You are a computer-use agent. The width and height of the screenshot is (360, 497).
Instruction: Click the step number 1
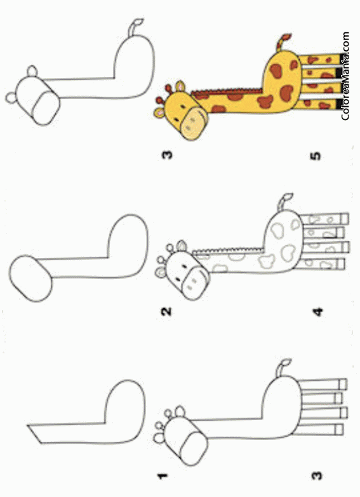tap(163, 476)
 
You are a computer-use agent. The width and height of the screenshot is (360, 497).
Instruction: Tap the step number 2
tap(166, 312)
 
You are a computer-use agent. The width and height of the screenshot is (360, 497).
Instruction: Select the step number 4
tap(318, 312)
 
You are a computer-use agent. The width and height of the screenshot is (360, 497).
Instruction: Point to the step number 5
tap(316, 156)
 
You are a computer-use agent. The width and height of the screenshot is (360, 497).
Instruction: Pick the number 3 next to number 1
tap(317, 476)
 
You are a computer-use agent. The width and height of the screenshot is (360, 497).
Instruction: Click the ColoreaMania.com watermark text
tap(345, 76)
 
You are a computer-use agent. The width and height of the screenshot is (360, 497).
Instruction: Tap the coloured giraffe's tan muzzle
tap(194, 123)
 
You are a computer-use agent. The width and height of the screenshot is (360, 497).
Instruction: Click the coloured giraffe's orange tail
tap(283, 42)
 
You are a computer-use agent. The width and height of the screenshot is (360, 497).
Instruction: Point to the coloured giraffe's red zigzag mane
tap(227, 92)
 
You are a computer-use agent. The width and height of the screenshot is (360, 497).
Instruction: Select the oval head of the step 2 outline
tap(30, 278)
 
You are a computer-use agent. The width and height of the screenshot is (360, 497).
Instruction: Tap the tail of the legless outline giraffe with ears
tap(135, 27)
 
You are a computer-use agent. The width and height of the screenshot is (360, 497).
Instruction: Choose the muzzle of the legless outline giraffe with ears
tap(46, 108)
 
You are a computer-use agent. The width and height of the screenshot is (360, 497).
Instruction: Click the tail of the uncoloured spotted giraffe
tap(284, 201)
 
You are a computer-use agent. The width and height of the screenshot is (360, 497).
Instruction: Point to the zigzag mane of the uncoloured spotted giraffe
tap(228, 251)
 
